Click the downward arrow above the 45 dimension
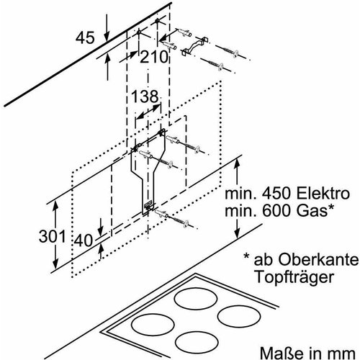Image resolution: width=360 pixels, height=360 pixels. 106,30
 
